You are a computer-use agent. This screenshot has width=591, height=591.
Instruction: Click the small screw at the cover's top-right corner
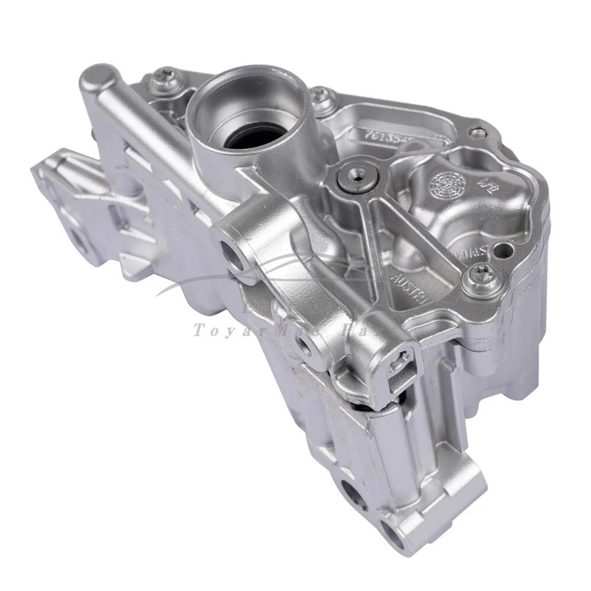click(478, 131)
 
